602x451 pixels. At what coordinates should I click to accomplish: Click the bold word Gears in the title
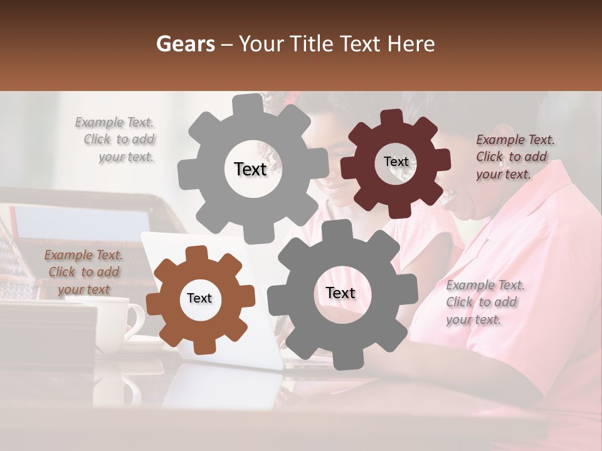click(185, 44)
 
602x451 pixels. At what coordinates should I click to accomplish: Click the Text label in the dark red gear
click(396, 162)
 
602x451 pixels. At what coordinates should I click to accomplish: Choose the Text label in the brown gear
click(199, 298)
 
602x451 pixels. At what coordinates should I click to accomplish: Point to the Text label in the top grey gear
click(250, 169)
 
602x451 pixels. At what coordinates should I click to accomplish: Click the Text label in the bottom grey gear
click(341, 293)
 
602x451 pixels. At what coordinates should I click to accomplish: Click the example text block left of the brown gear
click(83, 272)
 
